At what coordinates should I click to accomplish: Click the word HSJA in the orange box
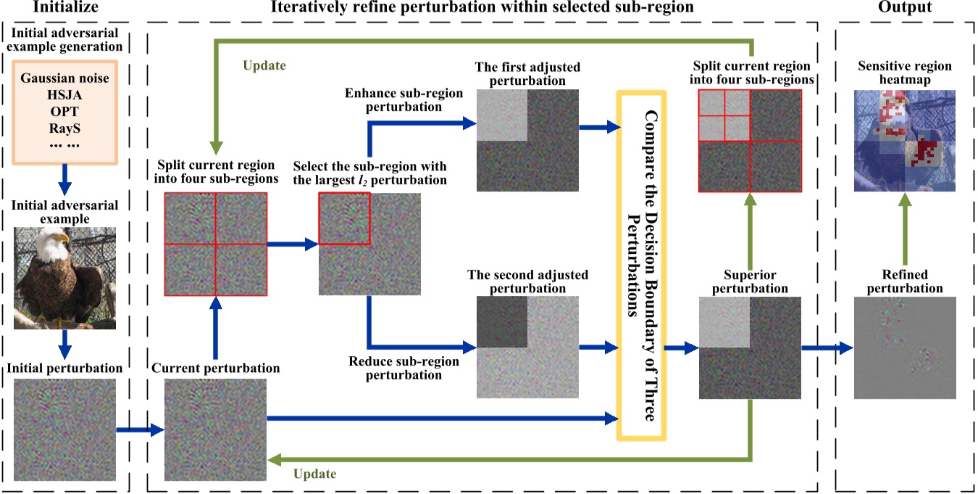[65, 93]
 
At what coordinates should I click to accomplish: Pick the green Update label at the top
[264, 65]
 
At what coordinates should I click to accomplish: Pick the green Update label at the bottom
[314, 474]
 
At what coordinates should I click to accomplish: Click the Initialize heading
[64, 8]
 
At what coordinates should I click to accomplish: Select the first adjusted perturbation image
[528, 139]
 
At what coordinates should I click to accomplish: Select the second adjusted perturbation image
[528, 347]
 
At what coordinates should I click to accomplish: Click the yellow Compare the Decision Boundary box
[641, 265]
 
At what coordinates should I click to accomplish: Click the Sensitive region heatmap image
[904, 140]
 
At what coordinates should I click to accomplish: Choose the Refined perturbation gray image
[904, 347]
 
